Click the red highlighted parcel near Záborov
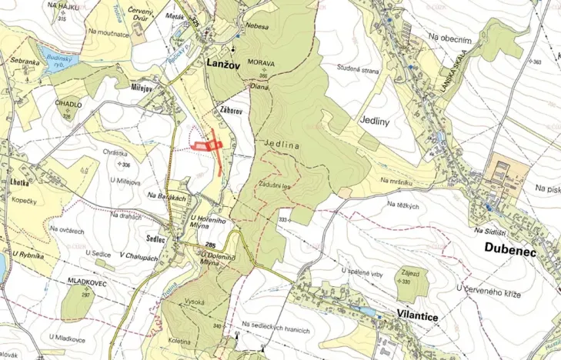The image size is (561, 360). click(x=205, y=144)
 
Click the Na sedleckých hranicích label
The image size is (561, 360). click(x=275, y=330)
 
